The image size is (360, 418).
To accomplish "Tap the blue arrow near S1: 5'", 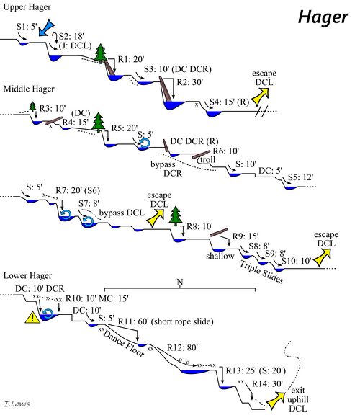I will tap(44, 27).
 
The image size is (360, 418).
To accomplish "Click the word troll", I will tap(210, 160).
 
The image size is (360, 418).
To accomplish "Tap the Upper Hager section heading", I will tap(24, 7).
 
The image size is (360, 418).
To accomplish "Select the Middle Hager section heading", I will tap(27, 89).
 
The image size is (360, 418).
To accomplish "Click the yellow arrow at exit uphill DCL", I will tap(274, 396).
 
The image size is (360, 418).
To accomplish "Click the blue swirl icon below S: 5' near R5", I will tap(145, 143).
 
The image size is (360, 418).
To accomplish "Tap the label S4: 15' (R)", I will tap(227, 101).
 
